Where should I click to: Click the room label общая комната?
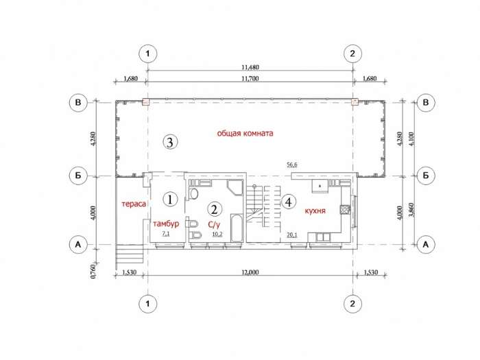click(245, 134)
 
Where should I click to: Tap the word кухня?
click(315, 211)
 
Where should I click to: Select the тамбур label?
click(166, 224)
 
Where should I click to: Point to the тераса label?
click(134, 204)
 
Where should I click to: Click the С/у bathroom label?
click(214, 225)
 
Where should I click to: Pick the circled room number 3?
click(170, 142)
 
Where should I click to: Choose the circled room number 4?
click(289, 202)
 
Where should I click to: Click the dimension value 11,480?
click(250, 67)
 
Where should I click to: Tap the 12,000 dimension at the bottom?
click(250, 272)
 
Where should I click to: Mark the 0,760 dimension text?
click(94, 271)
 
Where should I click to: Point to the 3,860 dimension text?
click(411, 210)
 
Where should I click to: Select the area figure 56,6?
click(291, 165)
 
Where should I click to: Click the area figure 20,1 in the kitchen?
click(291, 235)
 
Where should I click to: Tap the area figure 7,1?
click(166, 235)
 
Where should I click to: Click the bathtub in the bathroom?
click(237, 228)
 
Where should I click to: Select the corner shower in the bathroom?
click(235, 187)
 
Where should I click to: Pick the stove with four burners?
click(345, 209)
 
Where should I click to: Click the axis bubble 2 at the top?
click(352, 53)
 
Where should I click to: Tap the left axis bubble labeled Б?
click(78, 176)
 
